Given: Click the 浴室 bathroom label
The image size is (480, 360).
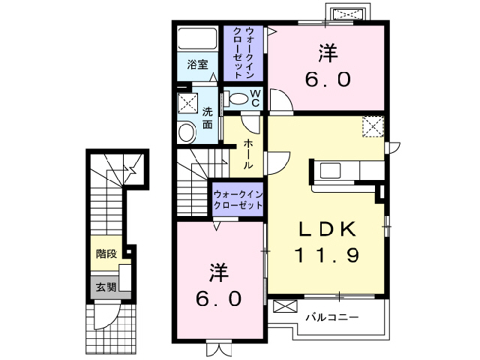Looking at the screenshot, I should (198, 64).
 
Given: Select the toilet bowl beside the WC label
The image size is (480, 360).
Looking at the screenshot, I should (238, 98).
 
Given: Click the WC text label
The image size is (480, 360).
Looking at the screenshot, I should (255, 98).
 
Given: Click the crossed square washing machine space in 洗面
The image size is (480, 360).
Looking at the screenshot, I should (187, 102).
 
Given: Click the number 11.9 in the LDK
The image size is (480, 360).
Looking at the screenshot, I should (327, 255).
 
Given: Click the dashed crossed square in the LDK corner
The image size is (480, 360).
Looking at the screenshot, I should (373, 127).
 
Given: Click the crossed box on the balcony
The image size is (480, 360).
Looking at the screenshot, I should (286, 306).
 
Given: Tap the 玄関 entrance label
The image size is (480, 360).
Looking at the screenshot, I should (106, 286).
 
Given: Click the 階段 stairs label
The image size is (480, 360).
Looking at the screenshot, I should (106, 253).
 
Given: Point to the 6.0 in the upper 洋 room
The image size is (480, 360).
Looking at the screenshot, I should (327, 78).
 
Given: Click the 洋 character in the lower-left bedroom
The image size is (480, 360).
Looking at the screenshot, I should (218, 270).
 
